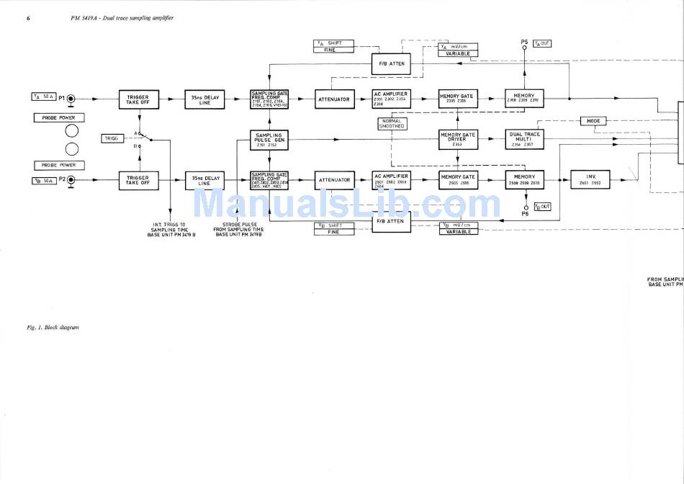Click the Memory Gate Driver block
point(458,138)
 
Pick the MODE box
point(593,121)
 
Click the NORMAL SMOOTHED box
point(392,123)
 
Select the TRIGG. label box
point(112,137)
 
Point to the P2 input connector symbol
point(71,181)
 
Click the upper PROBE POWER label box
point(59,117)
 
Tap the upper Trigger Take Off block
point(138,99)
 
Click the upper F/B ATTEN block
point(391,63)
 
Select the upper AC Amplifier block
point(391,99)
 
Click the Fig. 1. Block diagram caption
point(53,328)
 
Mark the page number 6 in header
point(28,17)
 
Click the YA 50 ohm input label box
point(44,97)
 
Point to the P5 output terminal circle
point(525,49)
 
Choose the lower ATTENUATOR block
point(334,179)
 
